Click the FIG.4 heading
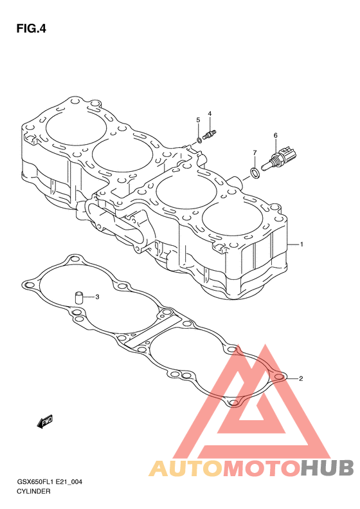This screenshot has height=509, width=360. click(x=31, y=29)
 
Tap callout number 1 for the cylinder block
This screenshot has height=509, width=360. click(x=301, y=244)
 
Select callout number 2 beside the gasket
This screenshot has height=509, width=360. click(x=301, y=378)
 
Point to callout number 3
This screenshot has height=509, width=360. click(x=97, y=297)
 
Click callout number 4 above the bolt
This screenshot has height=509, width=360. click(x=210, y=114)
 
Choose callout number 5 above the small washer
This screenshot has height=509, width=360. click(x=198, y=120)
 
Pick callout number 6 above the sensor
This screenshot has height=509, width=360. click(x=275, y=135)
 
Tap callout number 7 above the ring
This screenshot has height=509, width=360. click(x=255, y=153)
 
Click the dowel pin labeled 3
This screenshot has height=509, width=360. click(x=80, y=297)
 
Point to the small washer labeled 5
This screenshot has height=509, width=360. click(x=199, y=140)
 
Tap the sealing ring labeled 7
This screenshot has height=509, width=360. click(x=255, y=173)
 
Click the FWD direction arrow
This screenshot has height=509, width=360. click(x=44, y=422)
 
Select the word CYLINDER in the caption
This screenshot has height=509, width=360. click(x=33, y=491)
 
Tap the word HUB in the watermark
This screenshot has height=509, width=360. click(x=327, y=468)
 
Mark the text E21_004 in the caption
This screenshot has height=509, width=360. click(x=69, y=482)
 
